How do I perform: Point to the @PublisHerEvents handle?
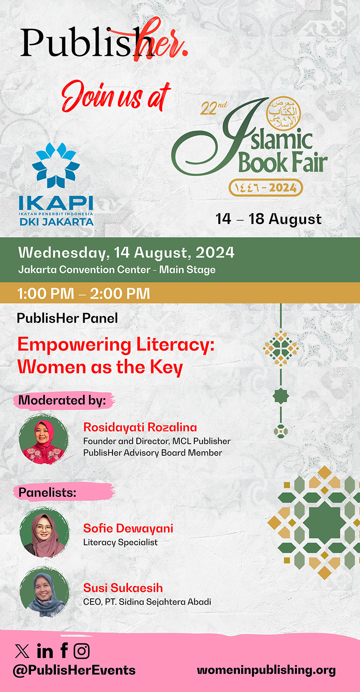pos(74,670)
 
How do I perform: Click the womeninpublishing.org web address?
pos(266,670)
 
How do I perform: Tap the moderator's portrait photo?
pos(43,439)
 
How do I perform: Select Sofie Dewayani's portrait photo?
pos(45,532)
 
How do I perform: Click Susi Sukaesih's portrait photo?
pos(45,592)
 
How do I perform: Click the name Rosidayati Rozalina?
pos(140,427)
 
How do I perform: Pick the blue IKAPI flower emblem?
pos(56,165)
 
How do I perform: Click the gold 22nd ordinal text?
pos(214,108)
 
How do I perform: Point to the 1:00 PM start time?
pos(46,293)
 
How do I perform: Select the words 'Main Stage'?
pos(187,270)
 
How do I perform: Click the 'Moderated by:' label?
pos(62,400)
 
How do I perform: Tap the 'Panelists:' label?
pos(47,492)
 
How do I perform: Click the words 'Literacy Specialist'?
pos(121,542)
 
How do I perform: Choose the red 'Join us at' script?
pos(116,96)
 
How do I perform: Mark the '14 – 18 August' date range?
pos(269,219)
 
